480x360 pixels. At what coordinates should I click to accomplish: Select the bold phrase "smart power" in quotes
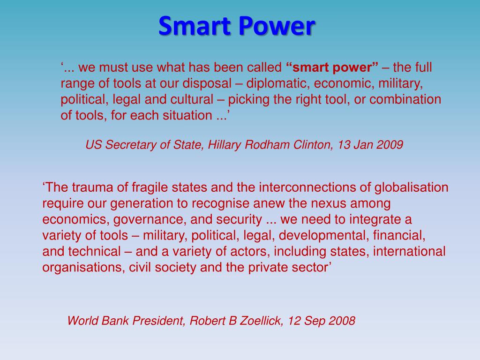tap(332, 67)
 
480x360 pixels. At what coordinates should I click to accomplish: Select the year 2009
tap(389, 145)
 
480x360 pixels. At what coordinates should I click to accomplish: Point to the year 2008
tap(341, 321)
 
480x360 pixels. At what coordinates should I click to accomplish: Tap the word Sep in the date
tap(314, 321)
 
